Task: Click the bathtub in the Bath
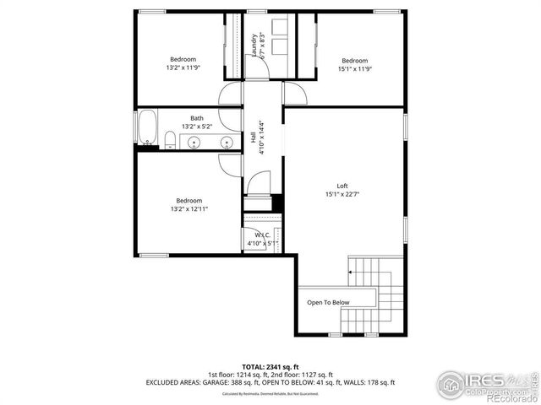[x=148, y=129]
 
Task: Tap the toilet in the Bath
[x=170, y=138]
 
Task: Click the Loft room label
[x=342, y=186]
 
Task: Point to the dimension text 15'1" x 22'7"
[x=342, y=195]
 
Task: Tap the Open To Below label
[x=328, y=302]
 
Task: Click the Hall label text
[x=254, y=138]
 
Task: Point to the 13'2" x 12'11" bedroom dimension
[x=189, y=208]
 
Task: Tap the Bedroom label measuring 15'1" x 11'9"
[x=355, y=60]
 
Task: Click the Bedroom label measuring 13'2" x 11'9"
[x=183, y=59]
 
